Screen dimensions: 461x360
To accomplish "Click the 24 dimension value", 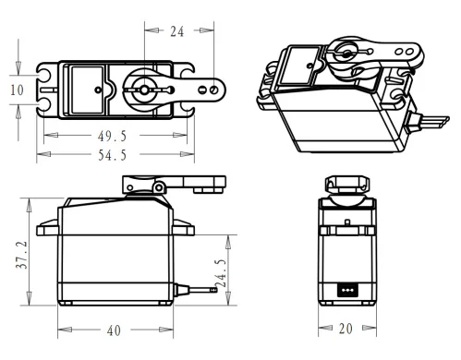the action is point(177,31).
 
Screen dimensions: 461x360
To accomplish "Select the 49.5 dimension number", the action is point(112,136).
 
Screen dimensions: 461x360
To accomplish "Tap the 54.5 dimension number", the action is point(112,155).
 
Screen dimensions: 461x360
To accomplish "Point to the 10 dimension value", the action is point(17,90).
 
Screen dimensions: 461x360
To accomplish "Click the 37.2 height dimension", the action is point(22,255).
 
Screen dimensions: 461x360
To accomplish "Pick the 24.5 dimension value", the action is point(221,273).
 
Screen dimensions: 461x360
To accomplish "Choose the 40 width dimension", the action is point(114,330).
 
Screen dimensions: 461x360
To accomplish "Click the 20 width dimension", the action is point(346,329).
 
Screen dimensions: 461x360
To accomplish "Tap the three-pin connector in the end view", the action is point(347,290).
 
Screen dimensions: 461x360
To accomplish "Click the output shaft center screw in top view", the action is point(144,90).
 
